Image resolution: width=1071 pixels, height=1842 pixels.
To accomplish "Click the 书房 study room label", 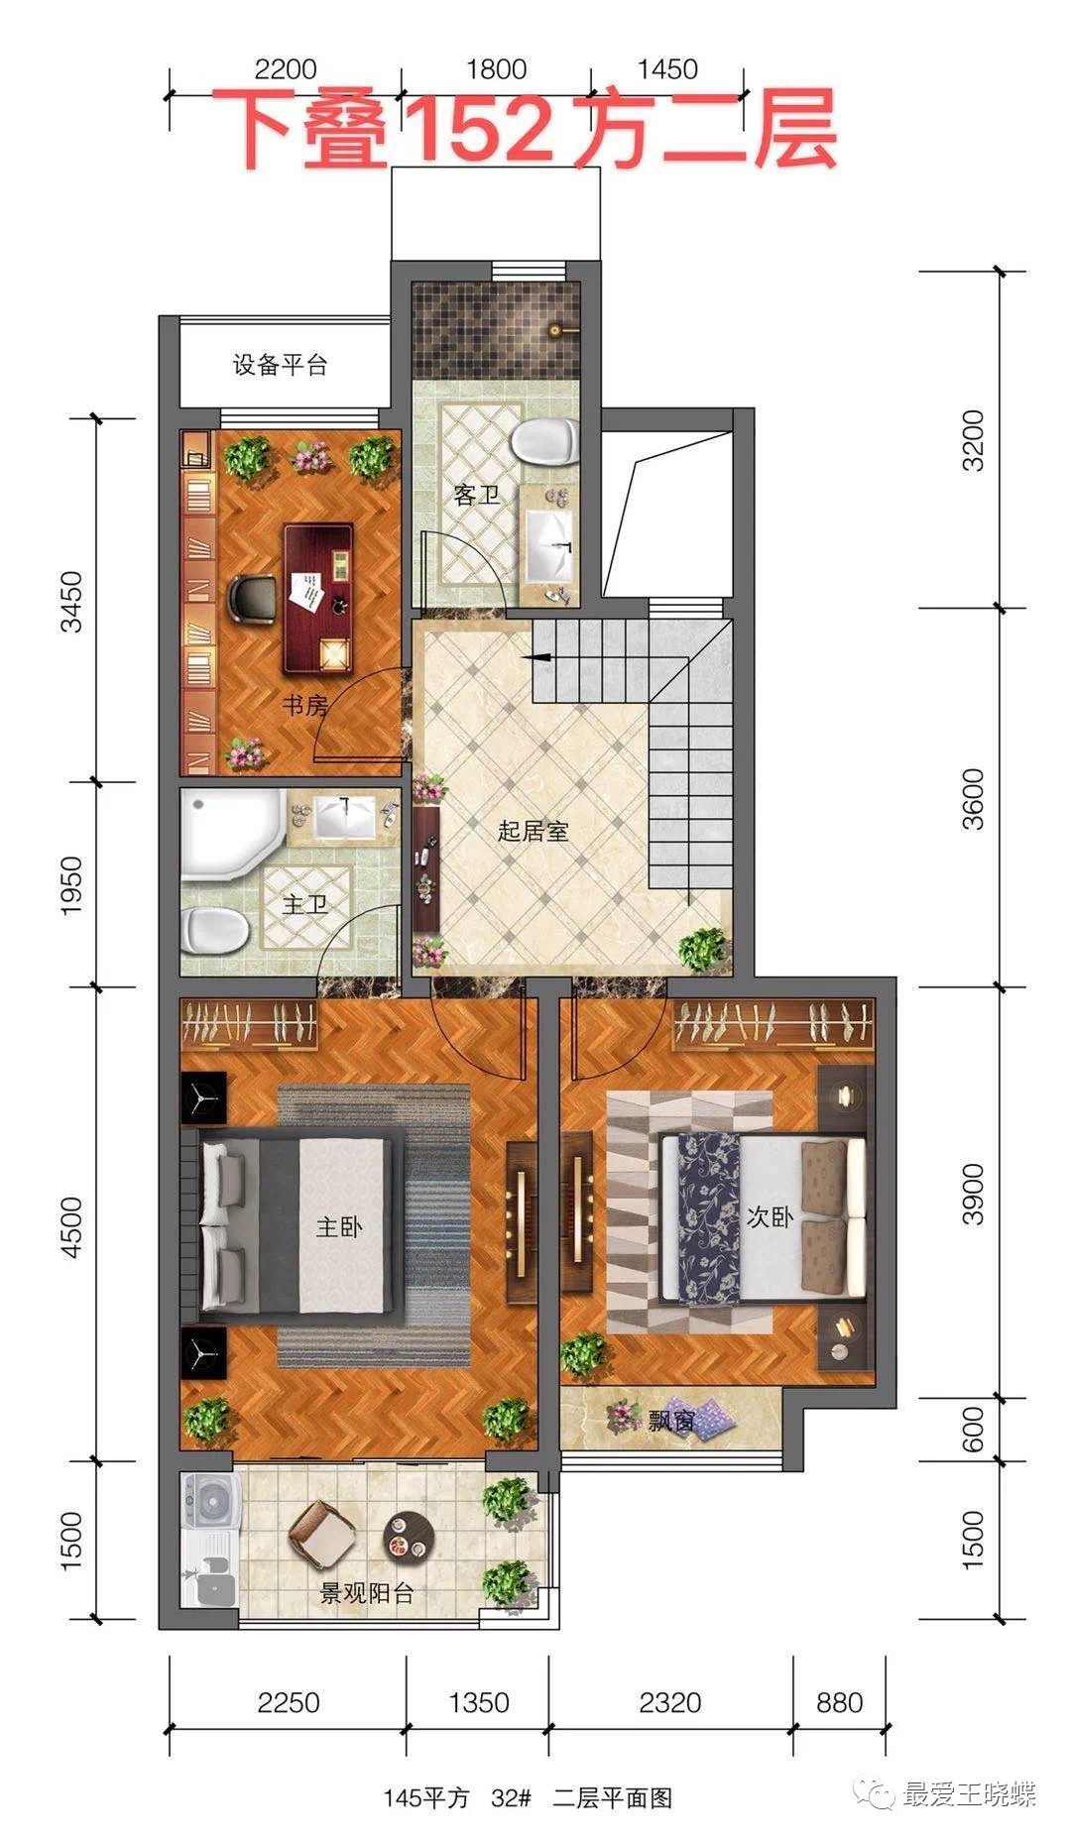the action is (304, 706).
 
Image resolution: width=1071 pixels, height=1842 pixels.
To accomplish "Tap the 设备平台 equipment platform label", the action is (280, 365).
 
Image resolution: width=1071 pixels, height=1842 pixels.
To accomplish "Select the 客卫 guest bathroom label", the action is (477, 495).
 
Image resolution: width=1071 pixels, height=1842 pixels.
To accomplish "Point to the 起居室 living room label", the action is (534, 831).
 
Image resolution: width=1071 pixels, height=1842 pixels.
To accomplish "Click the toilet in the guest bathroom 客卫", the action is (544, 439).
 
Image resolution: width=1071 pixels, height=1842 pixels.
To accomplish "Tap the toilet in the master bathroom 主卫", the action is (214, 930).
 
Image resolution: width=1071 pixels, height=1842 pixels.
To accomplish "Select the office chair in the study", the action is (250, 599).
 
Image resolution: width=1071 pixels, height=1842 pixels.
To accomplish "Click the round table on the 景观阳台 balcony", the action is (409, 1537).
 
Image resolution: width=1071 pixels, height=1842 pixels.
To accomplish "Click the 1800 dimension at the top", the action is (496, 69).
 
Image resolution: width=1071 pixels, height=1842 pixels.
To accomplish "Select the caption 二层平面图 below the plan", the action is (613, 1797).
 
